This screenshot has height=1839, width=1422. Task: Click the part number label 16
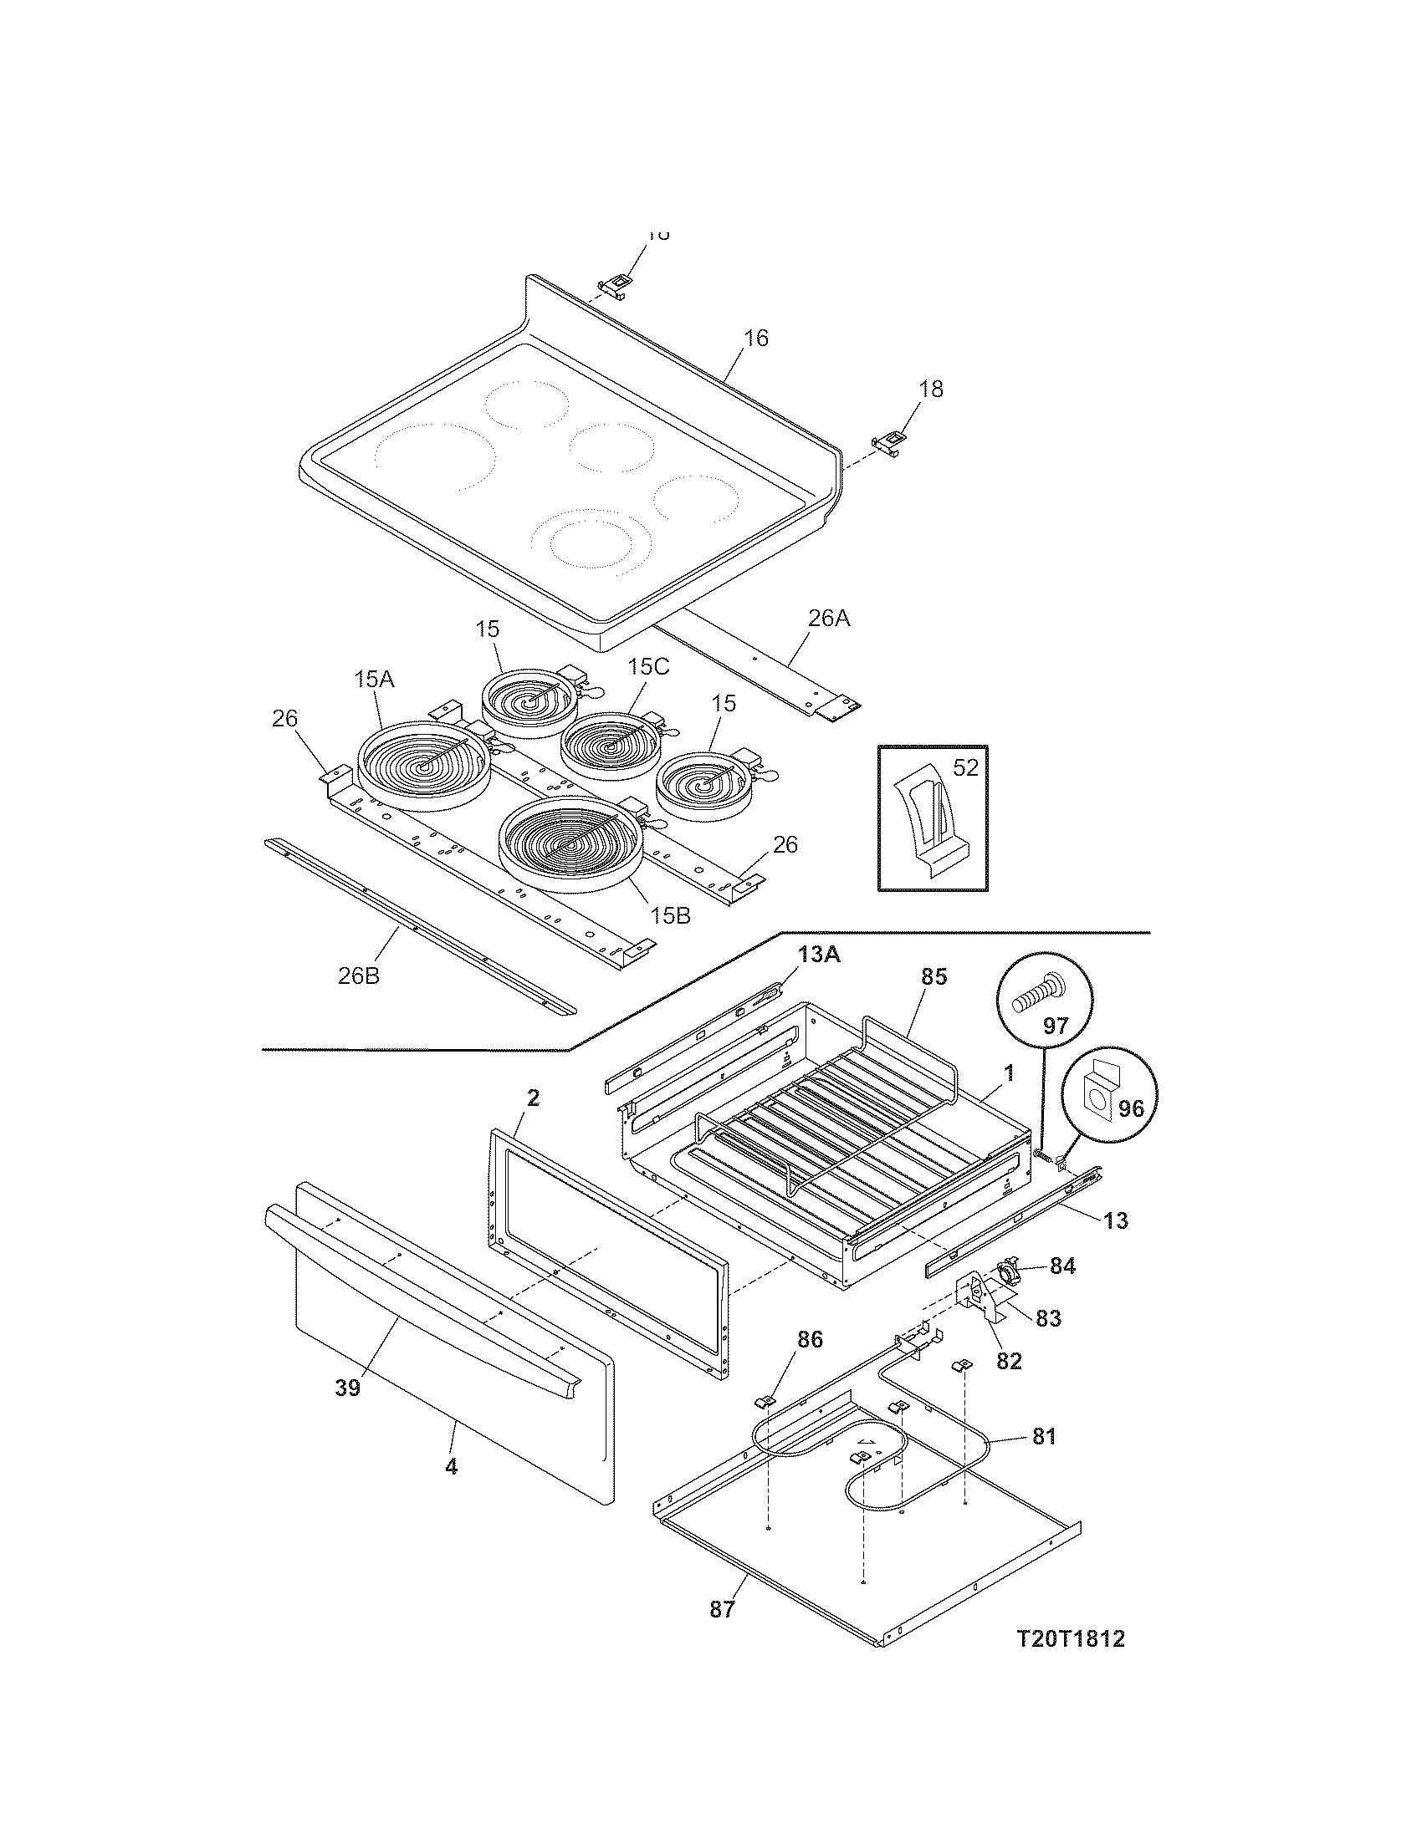tap(755, 339)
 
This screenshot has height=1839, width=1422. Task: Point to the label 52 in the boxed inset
tap(965, 767)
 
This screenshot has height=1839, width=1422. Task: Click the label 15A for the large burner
tap(374, 679)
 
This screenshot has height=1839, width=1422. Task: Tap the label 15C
tap(647, 666)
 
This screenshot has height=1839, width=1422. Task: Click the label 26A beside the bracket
tap(829, 619)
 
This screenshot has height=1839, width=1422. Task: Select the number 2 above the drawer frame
tap(534, 1098)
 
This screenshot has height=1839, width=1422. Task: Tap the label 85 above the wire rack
tap(934, 976)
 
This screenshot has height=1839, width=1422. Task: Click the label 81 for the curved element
tap(1043, 1436)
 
